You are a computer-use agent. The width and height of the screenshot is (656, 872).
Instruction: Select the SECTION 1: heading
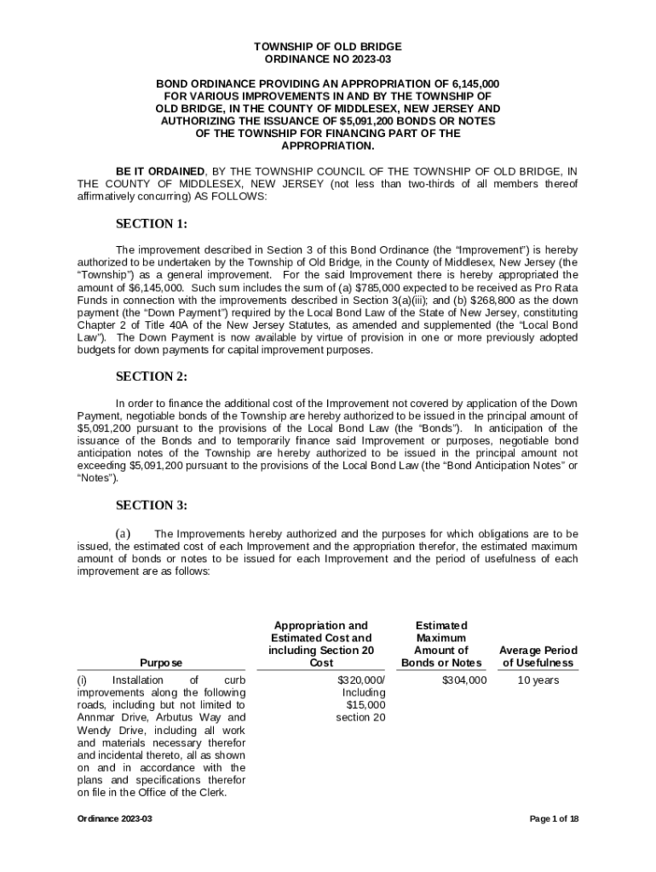point(151,225)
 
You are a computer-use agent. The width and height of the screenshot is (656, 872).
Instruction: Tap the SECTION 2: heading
point(151,377)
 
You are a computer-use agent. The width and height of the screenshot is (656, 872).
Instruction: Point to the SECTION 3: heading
point(151,505)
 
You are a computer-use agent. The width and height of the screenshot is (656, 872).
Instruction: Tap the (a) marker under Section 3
point(123,534)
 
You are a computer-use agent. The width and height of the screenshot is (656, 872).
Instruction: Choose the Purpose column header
point(162,663)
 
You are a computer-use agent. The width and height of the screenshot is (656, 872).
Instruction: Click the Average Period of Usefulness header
point(538,657)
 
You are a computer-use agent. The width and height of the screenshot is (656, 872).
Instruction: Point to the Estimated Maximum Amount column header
point(441,644)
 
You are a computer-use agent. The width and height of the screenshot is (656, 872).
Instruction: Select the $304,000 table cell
point(464,680)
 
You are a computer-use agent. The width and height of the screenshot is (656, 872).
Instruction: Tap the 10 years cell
point(538,680)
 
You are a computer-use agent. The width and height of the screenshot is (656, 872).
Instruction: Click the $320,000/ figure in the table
point(361,680)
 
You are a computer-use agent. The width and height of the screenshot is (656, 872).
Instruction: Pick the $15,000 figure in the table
point(365,705)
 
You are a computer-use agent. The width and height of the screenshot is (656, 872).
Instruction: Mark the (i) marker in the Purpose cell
point(83,680)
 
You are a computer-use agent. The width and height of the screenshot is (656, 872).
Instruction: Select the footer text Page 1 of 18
point(554,819)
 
